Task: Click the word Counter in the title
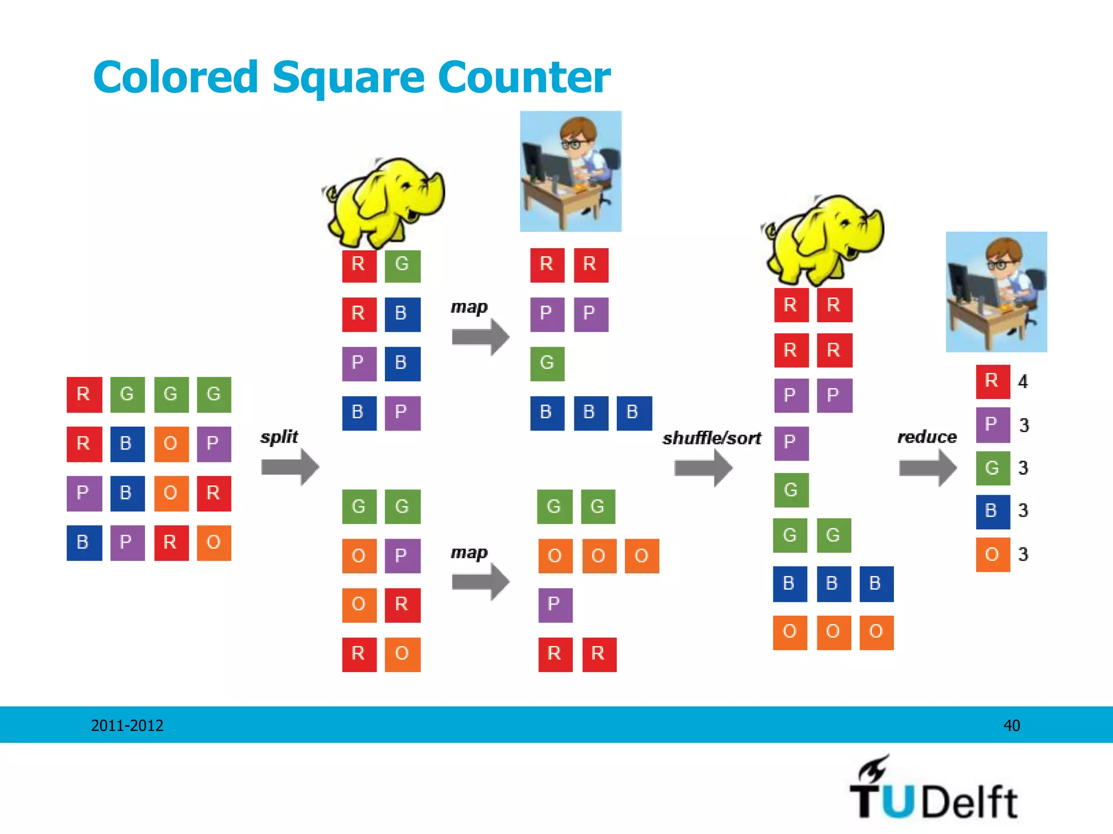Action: [524, 77]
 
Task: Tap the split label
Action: [279, 437]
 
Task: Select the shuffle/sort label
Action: [711, 438]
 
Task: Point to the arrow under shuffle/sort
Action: [703, 467]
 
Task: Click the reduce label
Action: [927, 437]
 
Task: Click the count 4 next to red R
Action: [1023, 381]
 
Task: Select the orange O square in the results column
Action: [992, 554]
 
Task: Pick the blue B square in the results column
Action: [992, 511]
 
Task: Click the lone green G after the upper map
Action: [547, 363]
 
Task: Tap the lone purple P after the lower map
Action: [555, 604]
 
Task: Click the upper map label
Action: [469, 307]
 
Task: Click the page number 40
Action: [1011, 725]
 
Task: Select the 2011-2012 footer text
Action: [127, 725]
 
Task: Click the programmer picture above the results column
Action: [996, 292]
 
